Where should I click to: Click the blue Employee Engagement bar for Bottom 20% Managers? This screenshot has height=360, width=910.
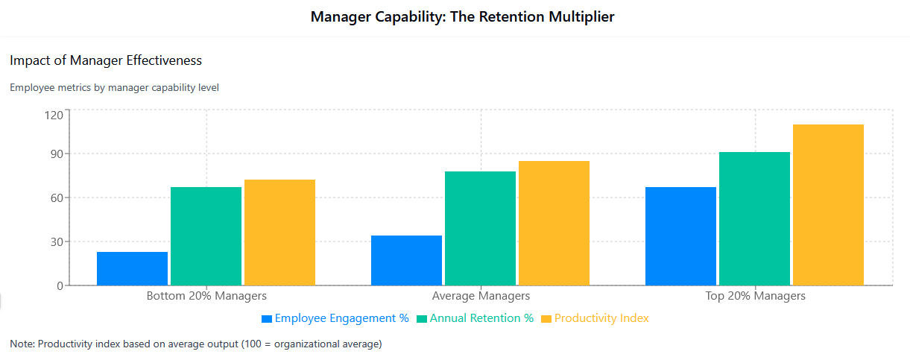(132, 268)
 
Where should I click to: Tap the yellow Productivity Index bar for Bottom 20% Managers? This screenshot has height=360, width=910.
(279, 233)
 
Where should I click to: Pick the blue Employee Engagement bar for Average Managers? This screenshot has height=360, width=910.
(406, 260)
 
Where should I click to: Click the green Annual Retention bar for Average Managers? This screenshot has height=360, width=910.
(480, 228)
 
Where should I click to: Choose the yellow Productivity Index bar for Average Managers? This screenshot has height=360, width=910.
(554, 223)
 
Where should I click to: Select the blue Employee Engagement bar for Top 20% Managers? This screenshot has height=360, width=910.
(680, 236)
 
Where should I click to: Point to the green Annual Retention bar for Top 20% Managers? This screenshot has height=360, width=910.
(754, 218)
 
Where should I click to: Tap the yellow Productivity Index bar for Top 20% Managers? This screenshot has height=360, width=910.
(828, 205)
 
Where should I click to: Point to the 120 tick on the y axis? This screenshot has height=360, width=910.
(53, 115)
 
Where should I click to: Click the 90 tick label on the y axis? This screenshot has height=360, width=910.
(55, 154)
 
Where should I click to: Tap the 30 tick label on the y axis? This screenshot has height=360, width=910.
(55, 241)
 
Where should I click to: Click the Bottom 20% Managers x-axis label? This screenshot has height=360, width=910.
(206, 296)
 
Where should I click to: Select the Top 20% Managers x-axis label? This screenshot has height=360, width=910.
(755, 296)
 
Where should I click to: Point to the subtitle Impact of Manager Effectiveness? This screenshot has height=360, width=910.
(106, 60)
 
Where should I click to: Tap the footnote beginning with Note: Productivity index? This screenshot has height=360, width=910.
(196, 344)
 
